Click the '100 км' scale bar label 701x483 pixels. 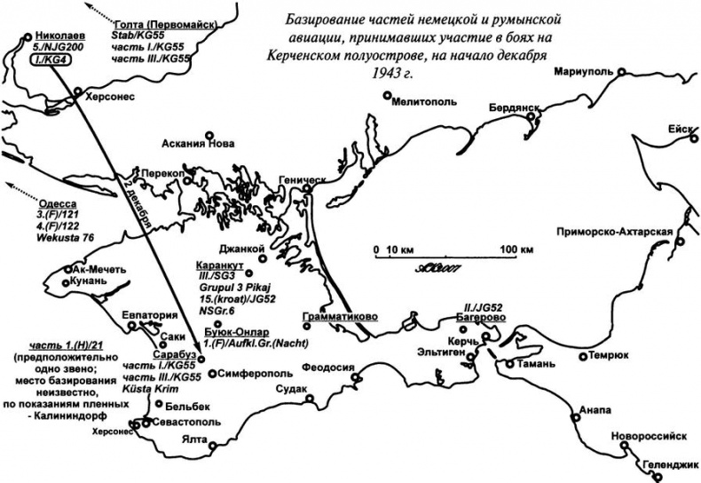pos(517,250)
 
